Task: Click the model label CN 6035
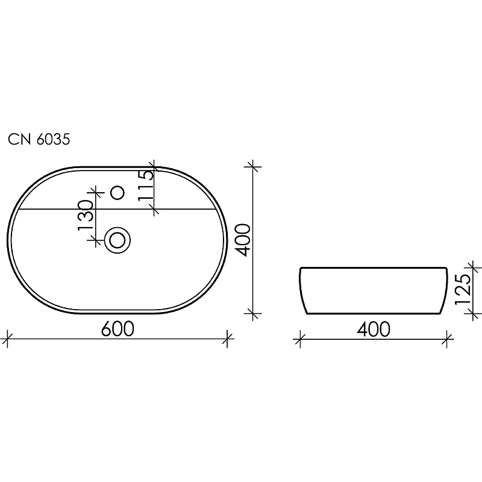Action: coord(39,140)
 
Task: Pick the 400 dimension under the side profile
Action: coord(373,329)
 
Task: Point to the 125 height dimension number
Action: coord(463,290)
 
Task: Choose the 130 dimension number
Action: coord(84,216)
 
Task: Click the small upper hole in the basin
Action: coord(118,193)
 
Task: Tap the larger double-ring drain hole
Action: coord(117,240)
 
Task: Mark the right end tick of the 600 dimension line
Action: coord(227,339)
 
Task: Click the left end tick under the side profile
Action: coord(299,339)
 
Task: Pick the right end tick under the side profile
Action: coord(446,339)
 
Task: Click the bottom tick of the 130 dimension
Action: coord(95,240)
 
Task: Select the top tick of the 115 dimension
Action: coord(154,167)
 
